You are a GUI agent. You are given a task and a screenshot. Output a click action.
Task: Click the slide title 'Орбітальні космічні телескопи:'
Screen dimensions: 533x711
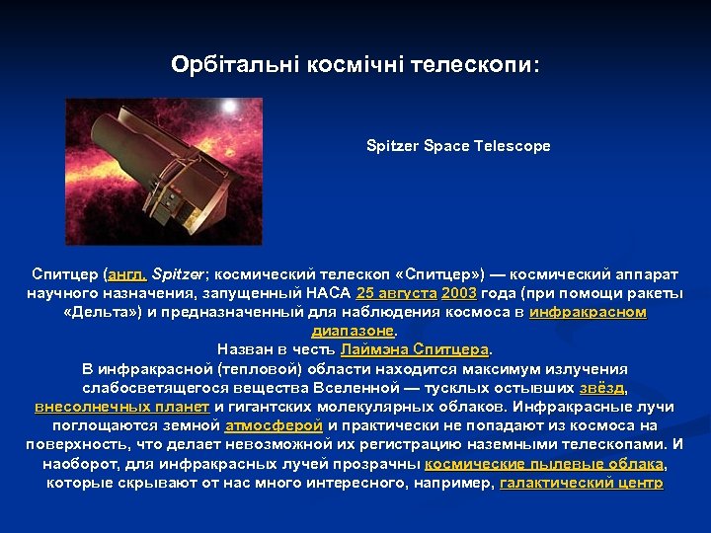(x=355, y=64)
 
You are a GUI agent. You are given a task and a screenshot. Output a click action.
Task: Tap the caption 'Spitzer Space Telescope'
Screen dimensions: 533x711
(x=458, y=146)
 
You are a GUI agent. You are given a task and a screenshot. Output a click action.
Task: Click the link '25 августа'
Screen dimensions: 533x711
(x=397, y=294)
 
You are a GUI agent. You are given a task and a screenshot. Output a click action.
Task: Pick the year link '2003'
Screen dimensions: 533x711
(x=458, y=294)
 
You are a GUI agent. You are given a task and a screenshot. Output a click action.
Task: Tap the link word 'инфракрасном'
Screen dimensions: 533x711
(x=588, y=312)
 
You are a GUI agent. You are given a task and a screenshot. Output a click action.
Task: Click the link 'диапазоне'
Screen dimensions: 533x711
(x=353, y=331)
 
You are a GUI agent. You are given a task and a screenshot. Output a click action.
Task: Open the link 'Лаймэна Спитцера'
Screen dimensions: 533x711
(x=415, y=349)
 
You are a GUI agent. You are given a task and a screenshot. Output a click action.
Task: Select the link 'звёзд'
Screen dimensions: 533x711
(x=601, y=387)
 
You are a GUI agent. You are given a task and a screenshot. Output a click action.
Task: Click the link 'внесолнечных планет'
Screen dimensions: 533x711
(x=121, y=406)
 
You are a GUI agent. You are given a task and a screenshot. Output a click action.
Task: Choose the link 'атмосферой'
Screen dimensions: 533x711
(x=274, y=425)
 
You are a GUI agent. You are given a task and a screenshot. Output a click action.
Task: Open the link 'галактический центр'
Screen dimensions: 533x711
(x=582, y=483)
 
